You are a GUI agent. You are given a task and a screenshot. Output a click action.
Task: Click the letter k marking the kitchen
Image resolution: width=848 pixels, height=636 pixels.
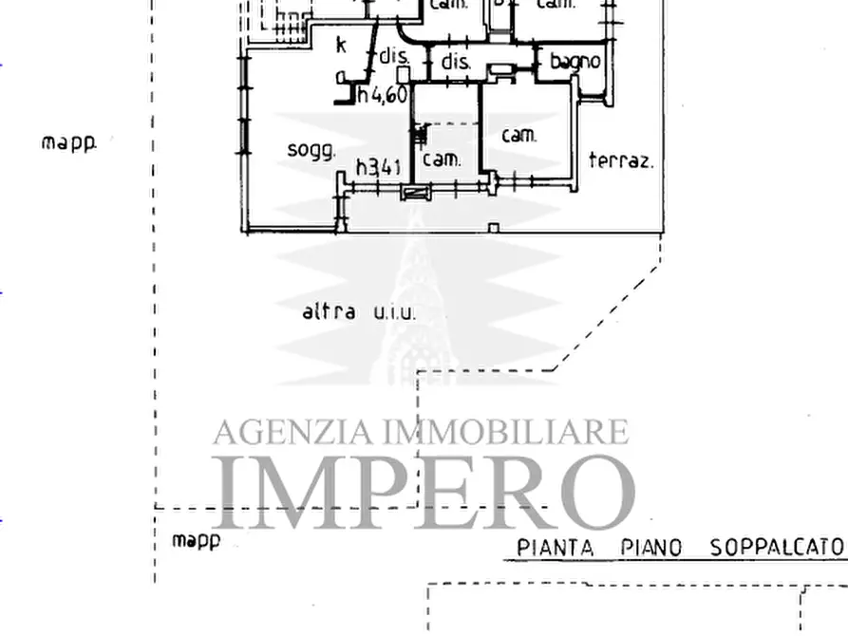coord(341,44)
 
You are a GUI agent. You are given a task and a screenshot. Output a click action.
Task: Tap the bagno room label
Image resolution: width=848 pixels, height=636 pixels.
coord(575,62)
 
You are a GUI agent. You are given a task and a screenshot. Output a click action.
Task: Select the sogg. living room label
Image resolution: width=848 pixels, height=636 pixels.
coord(311,151)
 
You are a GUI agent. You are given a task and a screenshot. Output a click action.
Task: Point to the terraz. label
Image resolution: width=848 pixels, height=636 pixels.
coord(621,160)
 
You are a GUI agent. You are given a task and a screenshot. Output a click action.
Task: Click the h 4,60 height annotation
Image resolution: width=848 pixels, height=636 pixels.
coord(383,95)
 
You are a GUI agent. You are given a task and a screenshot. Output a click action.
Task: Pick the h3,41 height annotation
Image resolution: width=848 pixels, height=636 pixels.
coord(379,168)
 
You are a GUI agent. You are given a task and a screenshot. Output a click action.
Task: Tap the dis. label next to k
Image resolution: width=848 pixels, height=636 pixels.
coord(393,57)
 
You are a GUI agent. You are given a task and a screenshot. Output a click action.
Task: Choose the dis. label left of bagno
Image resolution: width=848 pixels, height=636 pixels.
coord(457,63)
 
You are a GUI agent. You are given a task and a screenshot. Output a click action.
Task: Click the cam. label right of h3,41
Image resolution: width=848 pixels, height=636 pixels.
coord(442,159)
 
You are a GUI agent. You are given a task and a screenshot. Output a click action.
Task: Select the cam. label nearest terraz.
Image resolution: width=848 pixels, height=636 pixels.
coord(519,136)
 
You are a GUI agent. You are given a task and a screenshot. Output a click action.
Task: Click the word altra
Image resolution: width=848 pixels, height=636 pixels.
coord(329,311)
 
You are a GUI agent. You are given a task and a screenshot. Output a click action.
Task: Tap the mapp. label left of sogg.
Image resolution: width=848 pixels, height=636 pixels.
coord(69,143)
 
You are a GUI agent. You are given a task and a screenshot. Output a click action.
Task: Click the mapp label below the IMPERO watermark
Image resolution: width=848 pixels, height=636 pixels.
coord(196,541)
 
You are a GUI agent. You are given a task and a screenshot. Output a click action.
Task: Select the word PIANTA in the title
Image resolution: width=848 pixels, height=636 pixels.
coord(556,548)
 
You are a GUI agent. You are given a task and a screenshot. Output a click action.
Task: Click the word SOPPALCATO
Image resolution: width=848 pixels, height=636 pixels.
coord(777,548)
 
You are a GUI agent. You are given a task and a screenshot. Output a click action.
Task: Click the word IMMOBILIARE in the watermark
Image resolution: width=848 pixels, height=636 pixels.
coord(505,432)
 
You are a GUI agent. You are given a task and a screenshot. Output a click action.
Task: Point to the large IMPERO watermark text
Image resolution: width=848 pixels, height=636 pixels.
coord(423,492)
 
